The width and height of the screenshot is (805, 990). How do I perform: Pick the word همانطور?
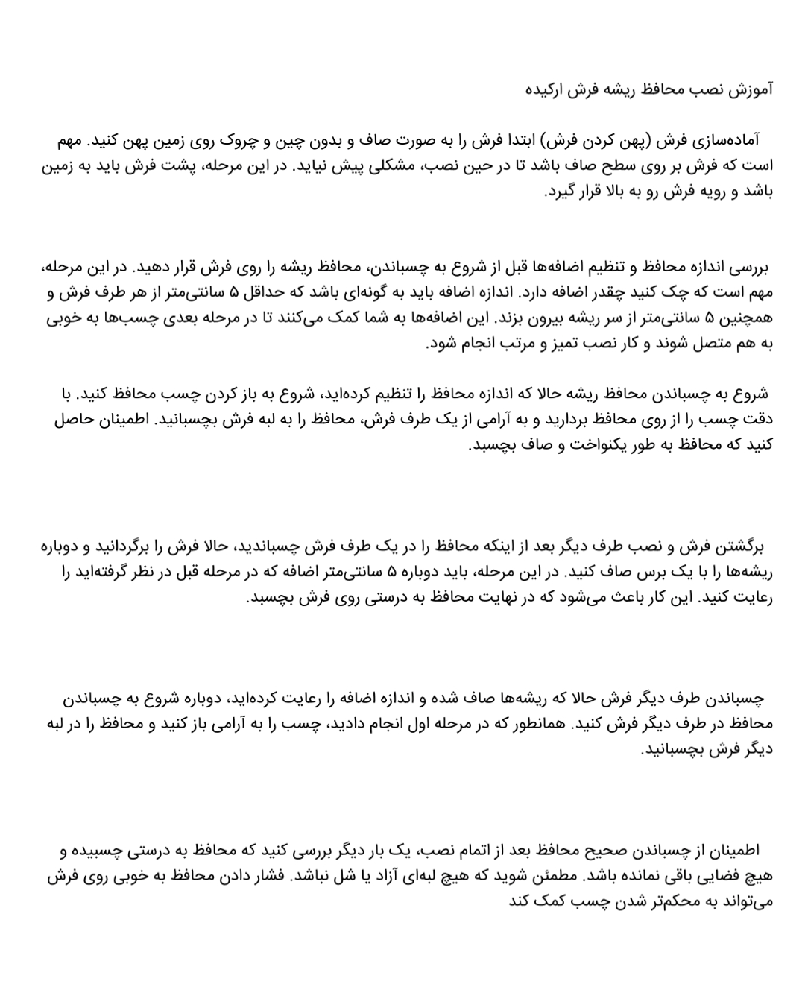coord(537,724)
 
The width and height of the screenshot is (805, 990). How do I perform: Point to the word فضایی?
coord(719,876)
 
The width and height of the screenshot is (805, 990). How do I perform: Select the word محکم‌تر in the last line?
coord(655,901)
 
